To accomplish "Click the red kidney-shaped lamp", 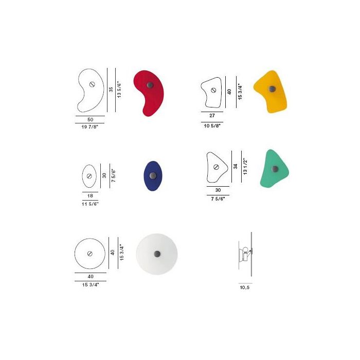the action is coord(149,93).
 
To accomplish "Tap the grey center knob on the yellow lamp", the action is coord(273,89).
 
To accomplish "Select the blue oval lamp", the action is coord(153,176).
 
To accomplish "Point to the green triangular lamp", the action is coord(275,168).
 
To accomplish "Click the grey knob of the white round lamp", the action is coord(157,254).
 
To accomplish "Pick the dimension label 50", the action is coord(90,120).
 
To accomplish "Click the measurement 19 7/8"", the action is coord(90,127).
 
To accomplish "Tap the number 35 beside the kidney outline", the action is coord(111,89).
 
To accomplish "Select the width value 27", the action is coord(212,116).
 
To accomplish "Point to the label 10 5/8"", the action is coord(212,125).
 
